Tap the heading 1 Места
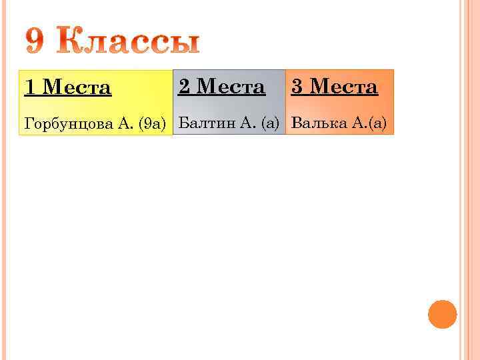pos(68,87)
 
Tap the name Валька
pos(317,123)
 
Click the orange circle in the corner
pos(442,314)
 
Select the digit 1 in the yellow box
pos(30,87)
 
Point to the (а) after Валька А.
pos(377,123)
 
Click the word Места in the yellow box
pos(77,87)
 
